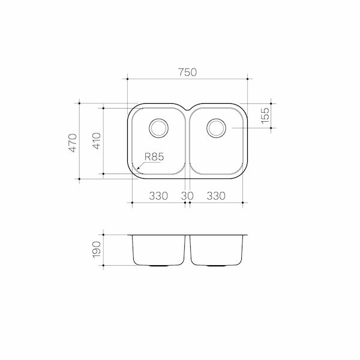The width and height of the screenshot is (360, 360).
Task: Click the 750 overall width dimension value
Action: coord(187,73)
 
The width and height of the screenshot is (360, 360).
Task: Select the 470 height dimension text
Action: coord(73,142)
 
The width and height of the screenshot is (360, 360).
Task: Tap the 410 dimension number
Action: coord(96,141)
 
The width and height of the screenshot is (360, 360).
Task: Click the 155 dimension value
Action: coord(265,114)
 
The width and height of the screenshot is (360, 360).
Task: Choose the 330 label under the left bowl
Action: coord(158,196)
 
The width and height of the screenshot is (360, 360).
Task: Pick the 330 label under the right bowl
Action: coord(216,196)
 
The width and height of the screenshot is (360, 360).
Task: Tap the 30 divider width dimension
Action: coord(187,196)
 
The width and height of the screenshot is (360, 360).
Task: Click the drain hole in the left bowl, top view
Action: coord(158,127)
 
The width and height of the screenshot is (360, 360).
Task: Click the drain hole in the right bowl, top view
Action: coord(216,127)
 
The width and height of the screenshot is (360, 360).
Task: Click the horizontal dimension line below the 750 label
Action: coord(187,79)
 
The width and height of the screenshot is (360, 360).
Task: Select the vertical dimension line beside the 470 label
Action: coord(80,141)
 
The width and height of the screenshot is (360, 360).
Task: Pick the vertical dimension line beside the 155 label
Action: coord(271,114)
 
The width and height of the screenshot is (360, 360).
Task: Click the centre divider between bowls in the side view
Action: coord(187,249)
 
